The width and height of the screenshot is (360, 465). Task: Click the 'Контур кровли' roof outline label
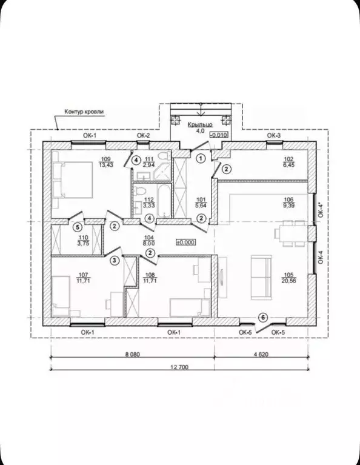point(84,112)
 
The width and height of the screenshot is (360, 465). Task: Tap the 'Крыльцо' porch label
point(200,125)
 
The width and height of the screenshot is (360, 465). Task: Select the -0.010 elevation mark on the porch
point(219,135)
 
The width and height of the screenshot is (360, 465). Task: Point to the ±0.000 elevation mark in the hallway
point(185,243)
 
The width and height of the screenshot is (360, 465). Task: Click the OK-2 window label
point(143,136)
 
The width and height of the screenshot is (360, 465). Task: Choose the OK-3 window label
point(274,136)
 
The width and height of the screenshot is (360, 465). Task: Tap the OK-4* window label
point(321,210)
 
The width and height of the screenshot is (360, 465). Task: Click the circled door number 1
point(201,159)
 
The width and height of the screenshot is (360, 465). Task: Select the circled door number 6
point(263,318)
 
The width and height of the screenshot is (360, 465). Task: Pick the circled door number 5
point(78,227)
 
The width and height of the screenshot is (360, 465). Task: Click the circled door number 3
point(115,261)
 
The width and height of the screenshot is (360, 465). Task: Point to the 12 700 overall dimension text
point(179,367)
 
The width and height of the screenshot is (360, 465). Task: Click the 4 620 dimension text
point(261,354)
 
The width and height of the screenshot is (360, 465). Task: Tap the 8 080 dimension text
point(132,354)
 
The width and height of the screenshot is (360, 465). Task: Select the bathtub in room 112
point(164,201)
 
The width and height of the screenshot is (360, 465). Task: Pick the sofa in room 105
point(261,277)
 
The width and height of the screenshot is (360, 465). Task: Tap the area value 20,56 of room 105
point(290,281)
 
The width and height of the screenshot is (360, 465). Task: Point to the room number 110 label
point(83,237)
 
